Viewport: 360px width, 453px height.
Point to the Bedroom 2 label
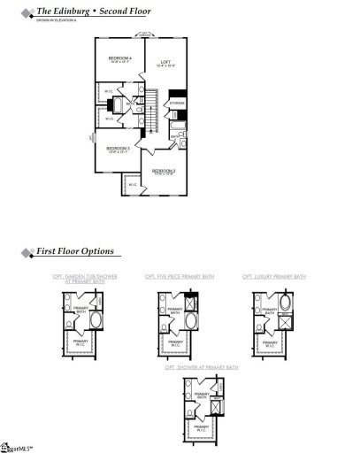tap(163, 171)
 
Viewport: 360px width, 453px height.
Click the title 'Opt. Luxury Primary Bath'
tap(273, 278)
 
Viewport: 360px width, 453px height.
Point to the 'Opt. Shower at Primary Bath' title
tap(200, 366)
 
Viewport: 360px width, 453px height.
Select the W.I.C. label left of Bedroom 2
tap(133, 185)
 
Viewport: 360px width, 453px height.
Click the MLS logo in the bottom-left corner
tap(12, 446)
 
